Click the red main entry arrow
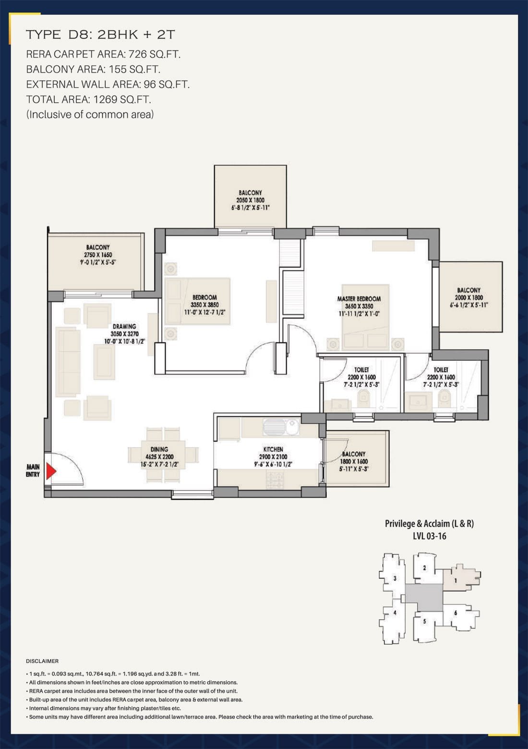pos(50,471)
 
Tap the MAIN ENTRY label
pos(33,470)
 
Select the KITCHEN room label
pos(273,449)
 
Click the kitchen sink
pos(281,427)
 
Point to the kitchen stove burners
pos(275,480)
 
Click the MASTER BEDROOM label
pos(359,299)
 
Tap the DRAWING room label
pos(124,326)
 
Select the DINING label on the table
pos(159,449)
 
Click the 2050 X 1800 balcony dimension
pos(250,200)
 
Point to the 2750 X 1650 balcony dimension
pos(98,255)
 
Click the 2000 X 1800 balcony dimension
pos(468,297)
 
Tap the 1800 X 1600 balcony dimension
pos(354,461)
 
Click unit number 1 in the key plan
pos(455,580)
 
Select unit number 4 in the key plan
pos(395,613)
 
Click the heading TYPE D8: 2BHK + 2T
pos(100,35)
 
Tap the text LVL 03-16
pos(430,536)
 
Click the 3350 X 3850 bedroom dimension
pos(204,305)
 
